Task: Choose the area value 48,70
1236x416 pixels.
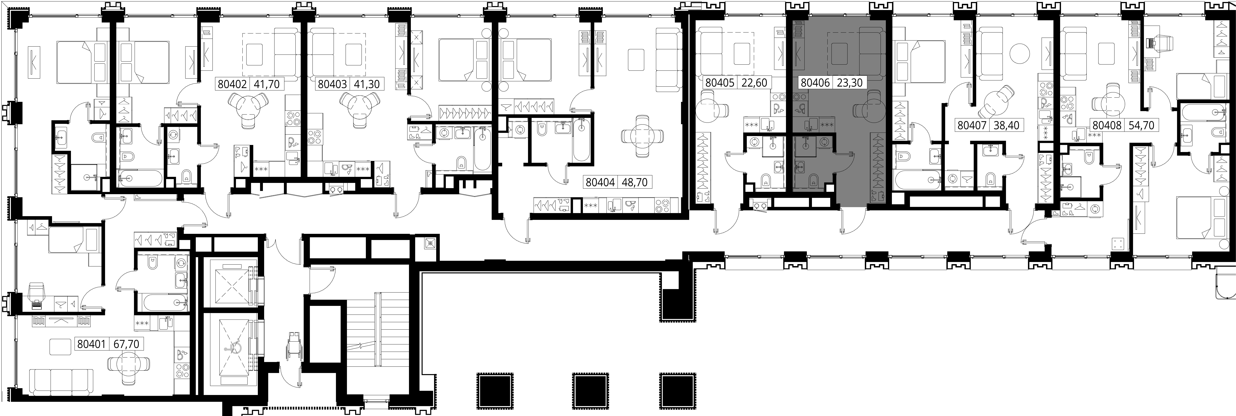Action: click(635, 182)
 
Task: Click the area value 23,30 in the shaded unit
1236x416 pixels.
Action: click(850, 83)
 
